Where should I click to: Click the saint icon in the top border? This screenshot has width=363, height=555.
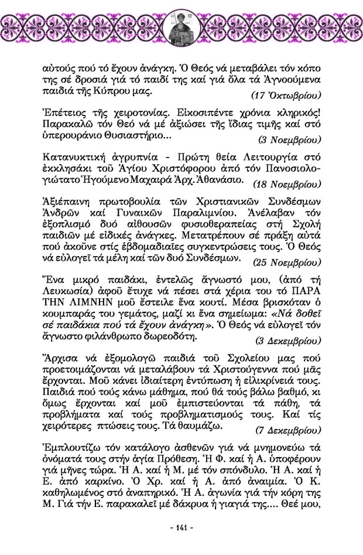(x=181, y=26)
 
